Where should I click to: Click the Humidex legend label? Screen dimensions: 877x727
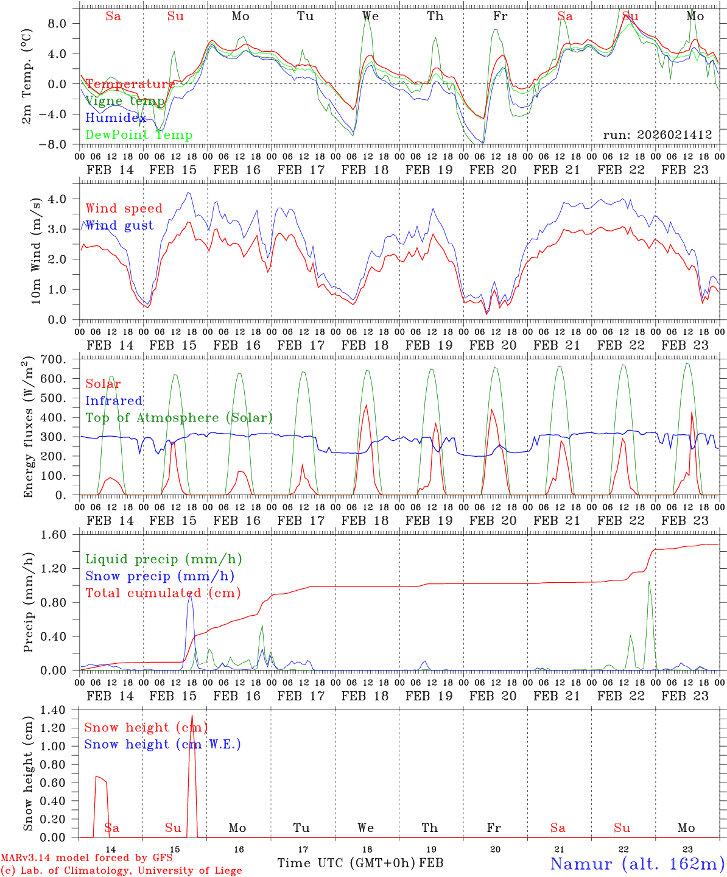[116, 118]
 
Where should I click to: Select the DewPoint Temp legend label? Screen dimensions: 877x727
[139, 135]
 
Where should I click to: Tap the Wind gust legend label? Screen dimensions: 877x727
[119, 226]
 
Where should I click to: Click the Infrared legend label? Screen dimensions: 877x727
[114, 401]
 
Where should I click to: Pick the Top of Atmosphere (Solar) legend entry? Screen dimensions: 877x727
[179, 418]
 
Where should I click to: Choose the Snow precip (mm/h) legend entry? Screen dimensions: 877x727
[160, 576]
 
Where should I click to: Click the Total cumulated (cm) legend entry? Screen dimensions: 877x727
[163, 593]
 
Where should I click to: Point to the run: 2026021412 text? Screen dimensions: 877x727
[658, 135]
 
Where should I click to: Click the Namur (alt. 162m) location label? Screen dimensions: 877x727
[637, 864]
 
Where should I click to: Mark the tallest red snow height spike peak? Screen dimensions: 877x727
[192, 716]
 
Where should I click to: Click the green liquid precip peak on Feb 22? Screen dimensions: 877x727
[649, 582]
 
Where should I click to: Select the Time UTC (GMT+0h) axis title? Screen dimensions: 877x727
[346, 863]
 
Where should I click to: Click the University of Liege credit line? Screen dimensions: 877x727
[121, 871]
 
